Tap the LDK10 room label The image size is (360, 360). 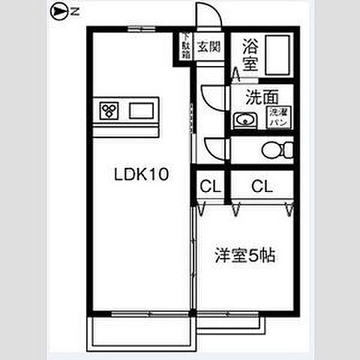coord(140,175)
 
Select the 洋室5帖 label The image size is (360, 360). coord(245,254)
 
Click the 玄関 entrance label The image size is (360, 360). coord(208,46)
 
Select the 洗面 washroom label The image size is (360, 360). coord(263,96)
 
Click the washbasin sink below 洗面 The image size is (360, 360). coord(243,120)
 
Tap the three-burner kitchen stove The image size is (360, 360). coord(109,112)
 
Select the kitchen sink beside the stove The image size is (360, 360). coord(140,112)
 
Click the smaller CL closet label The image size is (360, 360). coord(209,185)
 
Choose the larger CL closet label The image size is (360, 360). coord(261,185)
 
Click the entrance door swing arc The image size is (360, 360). coord(207,16)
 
